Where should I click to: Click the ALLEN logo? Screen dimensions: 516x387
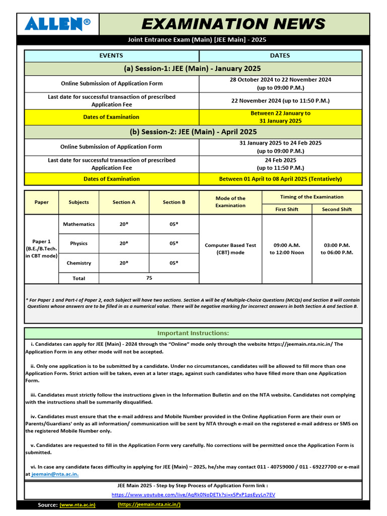tap(58, 24)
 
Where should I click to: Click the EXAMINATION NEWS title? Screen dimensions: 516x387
tap(233, 24)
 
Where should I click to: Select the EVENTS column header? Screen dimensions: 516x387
tap(111, 56)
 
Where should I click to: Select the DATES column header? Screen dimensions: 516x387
tap(280, 56)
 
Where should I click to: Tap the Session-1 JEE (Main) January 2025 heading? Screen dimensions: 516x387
tap(192, 69)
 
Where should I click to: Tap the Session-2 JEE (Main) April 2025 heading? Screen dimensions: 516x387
tap(192, 132)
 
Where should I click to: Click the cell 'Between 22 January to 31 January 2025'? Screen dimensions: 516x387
tap(280, 117)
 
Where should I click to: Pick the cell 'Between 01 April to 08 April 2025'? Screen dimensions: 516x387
tap(280, 179)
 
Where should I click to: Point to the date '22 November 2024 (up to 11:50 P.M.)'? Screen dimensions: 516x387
tap(280, 100)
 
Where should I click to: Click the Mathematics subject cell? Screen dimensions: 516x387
tap(79, 224)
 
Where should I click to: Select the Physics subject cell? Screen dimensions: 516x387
tap(79, 243)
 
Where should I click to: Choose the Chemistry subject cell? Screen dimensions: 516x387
tap(79, 263)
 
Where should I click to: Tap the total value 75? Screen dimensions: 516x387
tap(149, 278)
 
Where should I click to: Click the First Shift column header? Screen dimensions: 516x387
tap(286, 209)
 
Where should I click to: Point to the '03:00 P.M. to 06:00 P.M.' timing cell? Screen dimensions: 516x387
tap(337, 249)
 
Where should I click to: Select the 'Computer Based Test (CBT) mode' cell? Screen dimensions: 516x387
tap(230, 249)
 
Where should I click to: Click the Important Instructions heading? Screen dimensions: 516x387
tap(192, 333)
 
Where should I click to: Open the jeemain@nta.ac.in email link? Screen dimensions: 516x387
tap(55, 474)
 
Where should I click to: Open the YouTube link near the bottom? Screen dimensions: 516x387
tap(193, 495)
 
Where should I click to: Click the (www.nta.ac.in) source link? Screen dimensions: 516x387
tap(78, 504)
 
